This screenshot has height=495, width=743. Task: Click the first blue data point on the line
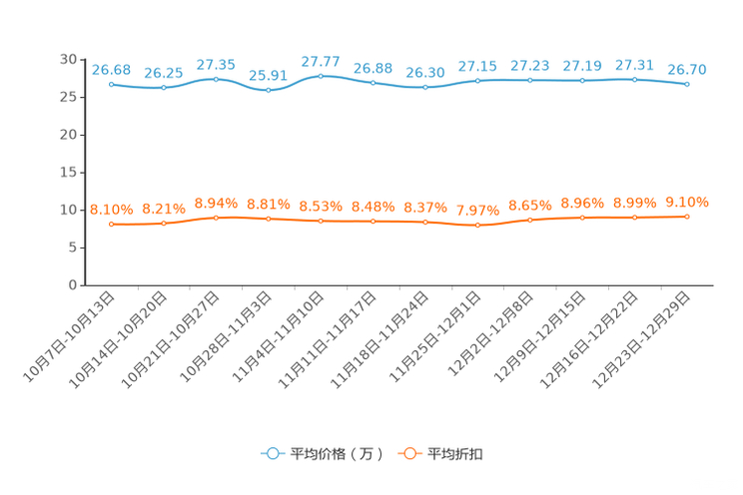[x=111, y=85]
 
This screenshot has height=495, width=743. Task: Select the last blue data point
[x=687, y=85]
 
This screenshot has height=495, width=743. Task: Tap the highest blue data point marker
[x=320, y=76]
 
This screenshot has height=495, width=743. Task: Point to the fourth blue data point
[x=268, y=90]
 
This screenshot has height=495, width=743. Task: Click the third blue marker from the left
[x=216, y=79]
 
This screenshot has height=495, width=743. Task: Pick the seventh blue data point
[x=425, y=88]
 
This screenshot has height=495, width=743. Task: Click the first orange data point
[x=111, y=225]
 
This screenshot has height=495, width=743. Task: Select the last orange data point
[x=687, y=217]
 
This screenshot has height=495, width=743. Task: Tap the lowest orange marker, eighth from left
[x=477, y=226]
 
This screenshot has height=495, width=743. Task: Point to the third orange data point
[x=216, y=217]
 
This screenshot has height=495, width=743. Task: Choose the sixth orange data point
[x=372, y=221]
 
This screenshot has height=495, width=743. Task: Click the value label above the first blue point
[x=111, y=69]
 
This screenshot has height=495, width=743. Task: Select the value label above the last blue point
[x=687, y=69]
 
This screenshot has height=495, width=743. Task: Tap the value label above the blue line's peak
[x=320, y=62]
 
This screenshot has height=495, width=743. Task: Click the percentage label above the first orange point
[x=111, y=209]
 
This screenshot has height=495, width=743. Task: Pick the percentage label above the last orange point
[x=687, y=202]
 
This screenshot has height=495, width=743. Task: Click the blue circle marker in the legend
[x=272, y=453]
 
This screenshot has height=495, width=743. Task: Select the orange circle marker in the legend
[x=408, y=453]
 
